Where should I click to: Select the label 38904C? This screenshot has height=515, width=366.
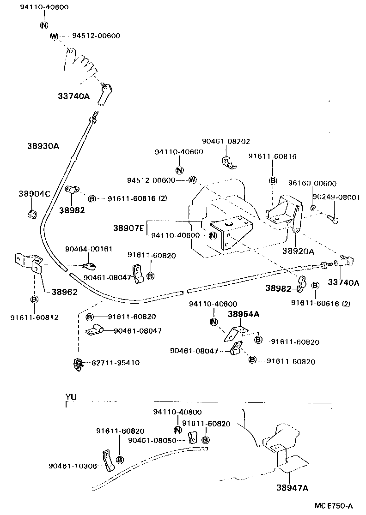(34, 194)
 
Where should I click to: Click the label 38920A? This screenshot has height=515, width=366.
(298, 251)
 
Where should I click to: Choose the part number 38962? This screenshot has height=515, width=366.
(64, 292)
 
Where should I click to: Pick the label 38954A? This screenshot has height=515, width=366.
(243, 314)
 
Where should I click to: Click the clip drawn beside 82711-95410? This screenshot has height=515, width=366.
(78, 364)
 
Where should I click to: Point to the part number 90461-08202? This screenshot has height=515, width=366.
(226, 142)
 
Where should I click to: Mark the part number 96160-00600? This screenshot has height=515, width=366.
(312, 183)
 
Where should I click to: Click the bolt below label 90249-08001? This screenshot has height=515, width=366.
(333, 219)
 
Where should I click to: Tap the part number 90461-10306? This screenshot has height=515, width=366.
(73, 466)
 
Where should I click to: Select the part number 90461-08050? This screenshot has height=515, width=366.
(152, 440)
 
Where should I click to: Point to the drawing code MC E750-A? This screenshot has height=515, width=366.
(336, 506)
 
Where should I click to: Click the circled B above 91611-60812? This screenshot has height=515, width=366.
(34, 299)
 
